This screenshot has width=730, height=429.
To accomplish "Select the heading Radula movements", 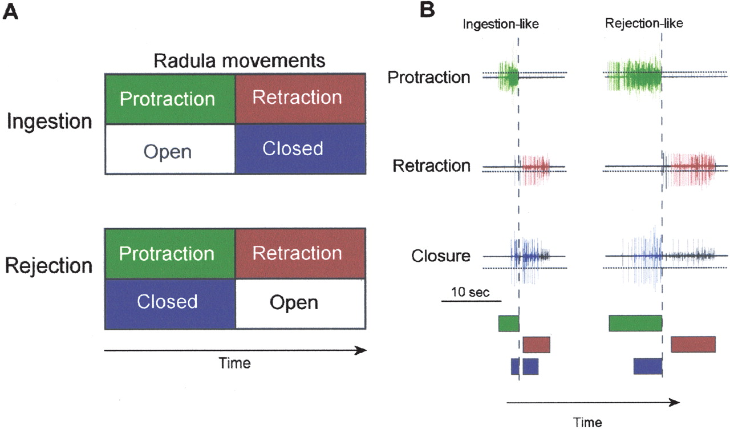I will coord(235,60).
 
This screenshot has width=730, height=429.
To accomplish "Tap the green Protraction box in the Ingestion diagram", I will coord(169,99).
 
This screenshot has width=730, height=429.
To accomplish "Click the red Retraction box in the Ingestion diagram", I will coord(299,98).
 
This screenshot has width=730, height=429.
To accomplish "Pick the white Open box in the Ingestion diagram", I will coord(169,150).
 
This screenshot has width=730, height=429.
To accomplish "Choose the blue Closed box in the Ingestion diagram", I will coord(299,149).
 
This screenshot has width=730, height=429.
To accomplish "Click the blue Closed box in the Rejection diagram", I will coord(169,302).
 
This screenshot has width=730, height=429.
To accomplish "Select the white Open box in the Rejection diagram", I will coord(299,302).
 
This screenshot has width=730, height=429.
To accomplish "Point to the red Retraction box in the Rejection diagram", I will coord(299,253).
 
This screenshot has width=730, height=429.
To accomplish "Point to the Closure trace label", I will coord(441,256).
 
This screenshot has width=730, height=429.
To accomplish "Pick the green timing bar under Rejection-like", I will coord(635,323).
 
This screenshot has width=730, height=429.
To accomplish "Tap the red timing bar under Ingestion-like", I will coord(536,345).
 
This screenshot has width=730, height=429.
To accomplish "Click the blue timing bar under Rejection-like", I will coord(647,366).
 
